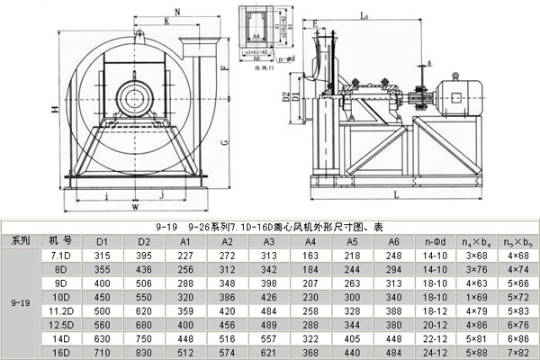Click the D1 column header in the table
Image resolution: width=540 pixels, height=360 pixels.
point(103,241)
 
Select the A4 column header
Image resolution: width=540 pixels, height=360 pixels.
point(310,241)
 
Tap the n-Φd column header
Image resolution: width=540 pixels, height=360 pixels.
point(436,241)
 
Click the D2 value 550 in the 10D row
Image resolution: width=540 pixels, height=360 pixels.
point(144,296)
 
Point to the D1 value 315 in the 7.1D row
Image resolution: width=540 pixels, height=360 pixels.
point(103,256)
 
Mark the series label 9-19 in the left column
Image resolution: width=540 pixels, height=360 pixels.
point(20,302)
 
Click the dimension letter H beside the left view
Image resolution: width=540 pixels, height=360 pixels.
point(56,109)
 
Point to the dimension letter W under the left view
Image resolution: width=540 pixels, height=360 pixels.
point(134,207)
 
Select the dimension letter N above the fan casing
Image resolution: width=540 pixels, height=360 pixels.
point(176,12)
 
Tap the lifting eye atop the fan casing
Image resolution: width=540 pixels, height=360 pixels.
point(139,35)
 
